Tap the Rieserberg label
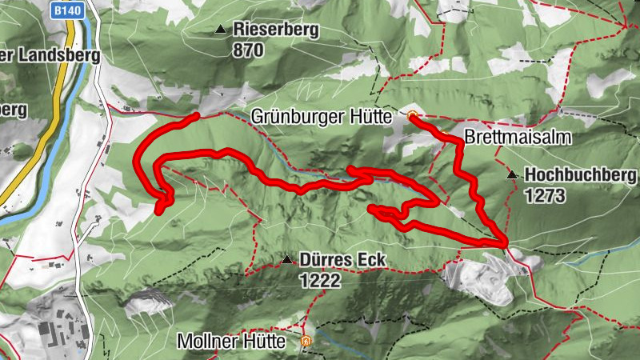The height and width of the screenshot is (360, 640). (x=276, y=30)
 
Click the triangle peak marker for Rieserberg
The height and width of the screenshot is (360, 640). (x=220, y=30)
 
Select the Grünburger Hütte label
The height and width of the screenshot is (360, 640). (x=320, y=117)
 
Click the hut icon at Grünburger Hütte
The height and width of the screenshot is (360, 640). (x=413, y=117)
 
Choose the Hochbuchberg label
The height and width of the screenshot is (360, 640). (x=580, y=175)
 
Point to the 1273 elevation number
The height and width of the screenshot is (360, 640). (x=546, y=195)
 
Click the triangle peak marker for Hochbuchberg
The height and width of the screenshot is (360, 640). (x=511, y=174)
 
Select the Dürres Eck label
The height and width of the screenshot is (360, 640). (x=342, y=260)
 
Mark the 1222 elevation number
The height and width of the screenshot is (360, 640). (x=321, y=280)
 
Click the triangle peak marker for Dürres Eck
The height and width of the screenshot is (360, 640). (x=286, y=259)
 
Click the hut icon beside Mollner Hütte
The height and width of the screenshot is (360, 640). (x=305, y=342)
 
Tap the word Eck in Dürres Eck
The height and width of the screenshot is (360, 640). (x=371, y=260)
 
